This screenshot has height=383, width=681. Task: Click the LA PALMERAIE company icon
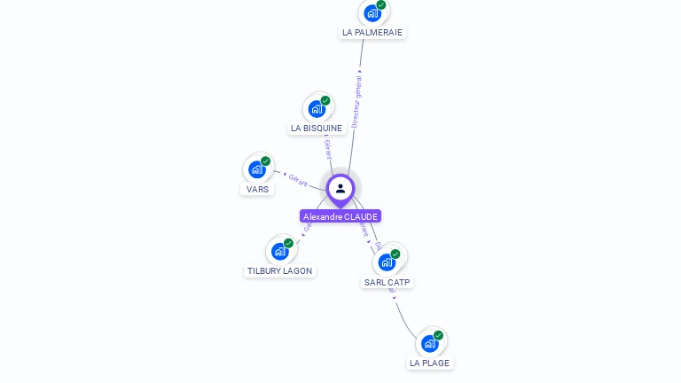tap(372, 13)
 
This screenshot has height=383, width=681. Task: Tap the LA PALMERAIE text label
tap(372, 33)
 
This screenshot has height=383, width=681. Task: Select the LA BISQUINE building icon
tap(317, 109)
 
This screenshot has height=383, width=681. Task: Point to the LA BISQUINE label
tap(317, 129)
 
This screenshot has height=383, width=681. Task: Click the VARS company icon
tap(257, 169)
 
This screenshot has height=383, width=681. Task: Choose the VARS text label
tap(258, 189)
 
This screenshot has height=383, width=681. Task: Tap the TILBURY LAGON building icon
tap(280, 251)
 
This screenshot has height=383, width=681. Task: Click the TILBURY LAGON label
tap(280, 270)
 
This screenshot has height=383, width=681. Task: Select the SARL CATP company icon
tap(387, 262)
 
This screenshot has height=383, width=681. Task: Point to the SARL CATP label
tap(387, 282)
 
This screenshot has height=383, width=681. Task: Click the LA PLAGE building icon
tap(430, 343)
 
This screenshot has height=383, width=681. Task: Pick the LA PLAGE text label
tap(430, 363)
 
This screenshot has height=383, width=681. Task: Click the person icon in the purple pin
tap(340, 188)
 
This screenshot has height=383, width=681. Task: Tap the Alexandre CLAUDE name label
tap(340, 216)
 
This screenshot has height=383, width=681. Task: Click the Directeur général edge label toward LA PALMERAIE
tap(356, 102)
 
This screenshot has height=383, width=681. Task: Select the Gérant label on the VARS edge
tap(298, 180)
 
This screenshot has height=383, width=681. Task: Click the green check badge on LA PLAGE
tap(438, 335)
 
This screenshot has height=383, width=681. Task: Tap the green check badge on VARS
tap(265, 161)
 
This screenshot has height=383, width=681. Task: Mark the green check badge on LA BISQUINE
tap(325, 101)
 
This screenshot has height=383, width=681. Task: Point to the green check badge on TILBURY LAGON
tap(288, 243)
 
